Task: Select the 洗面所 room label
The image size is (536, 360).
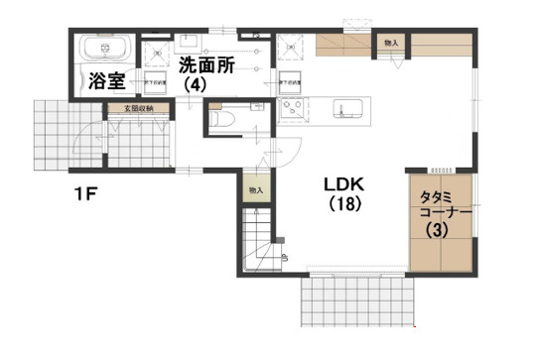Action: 205,65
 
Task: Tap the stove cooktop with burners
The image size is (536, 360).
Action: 293,108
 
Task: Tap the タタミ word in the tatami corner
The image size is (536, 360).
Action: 435,195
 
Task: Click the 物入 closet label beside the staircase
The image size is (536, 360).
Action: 255,189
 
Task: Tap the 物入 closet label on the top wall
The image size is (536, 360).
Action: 391,43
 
